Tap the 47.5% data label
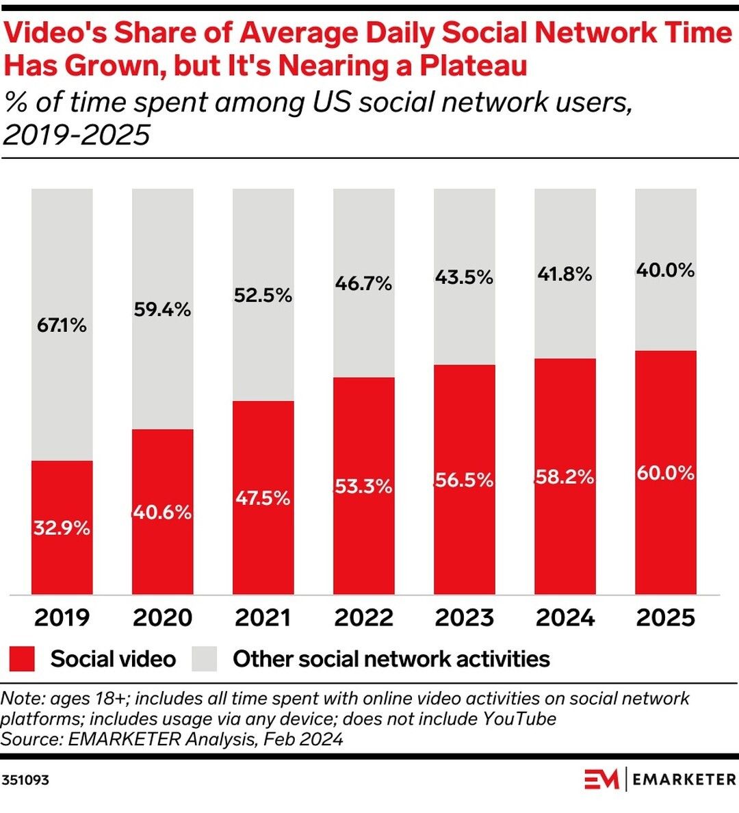pyautogui.click(x=263, y=498)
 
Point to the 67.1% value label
pyautogui.click(x=62, y=325)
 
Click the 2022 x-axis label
pyautogui.click(x=363, y=617)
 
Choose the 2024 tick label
pyautogui.click(x=565, y=617)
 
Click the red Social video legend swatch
pyautogui.click(x=22, y=658)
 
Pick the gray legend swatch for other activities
pyautogui.click(x=204, y=658)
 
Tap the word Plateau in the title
pyautogui.click(x=473, y=66)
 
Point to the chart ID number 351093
pyautogui.click(x=25, y=779)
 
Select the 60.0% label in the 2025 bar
pyautogui.click(x=666, y=473)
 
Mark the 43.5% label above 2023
pyautogui.click(x=464, y=277)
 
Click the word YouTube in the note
pyautogui.click(x=519, y=719)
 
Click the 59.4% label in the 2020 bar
pyautogui.click(x=162, y=309)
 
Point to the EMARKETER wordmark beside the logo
pyautogui.click(x=684, y=779)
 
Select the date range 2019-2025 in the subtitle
pyautogui.click(x=76, y=135)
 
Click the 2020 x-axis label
pyautogui.click(x=162, y=617)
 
